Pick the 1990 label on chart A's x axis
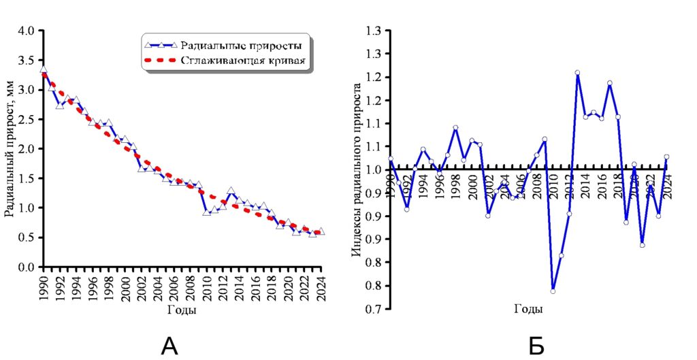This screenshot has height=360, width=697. click(44, 287)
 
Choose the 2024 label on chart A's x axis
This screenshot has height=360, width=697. click(321, 287)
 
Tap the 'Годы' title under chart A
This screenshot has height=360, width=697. click(182, 310)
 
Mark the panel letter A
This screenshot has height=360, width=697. click(169, 346)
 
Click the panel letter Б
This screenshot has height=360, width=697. click(536, 346)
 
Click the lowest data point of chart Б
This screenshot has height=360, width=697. click(553, 291)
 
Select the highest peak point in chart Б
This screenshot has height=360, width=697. click(577, 72)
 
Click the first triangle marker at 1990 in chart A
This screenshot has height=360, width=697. click(44, 69)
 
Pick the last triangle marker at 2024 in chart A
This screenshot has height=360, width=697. click(321, 231)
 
